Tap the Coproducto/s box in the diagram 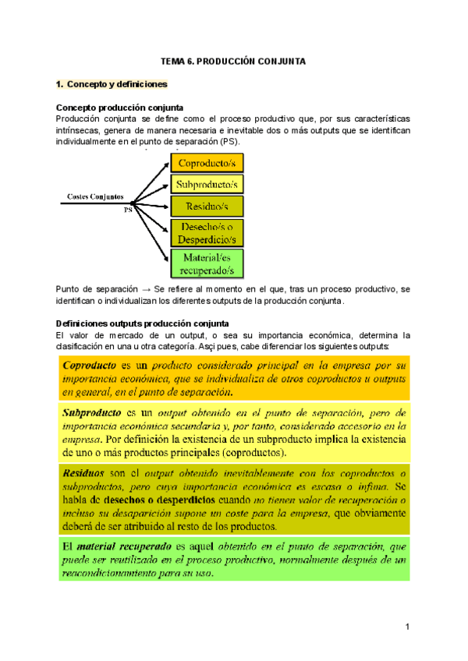(207, 163)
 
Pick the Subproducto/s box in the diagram (207, 185)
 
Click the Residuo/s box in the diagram (207, 207)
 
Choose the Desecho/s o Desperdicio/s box (207, 233)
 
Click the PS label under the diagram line (128, 210)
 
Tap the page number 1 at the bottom (407, 627)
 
